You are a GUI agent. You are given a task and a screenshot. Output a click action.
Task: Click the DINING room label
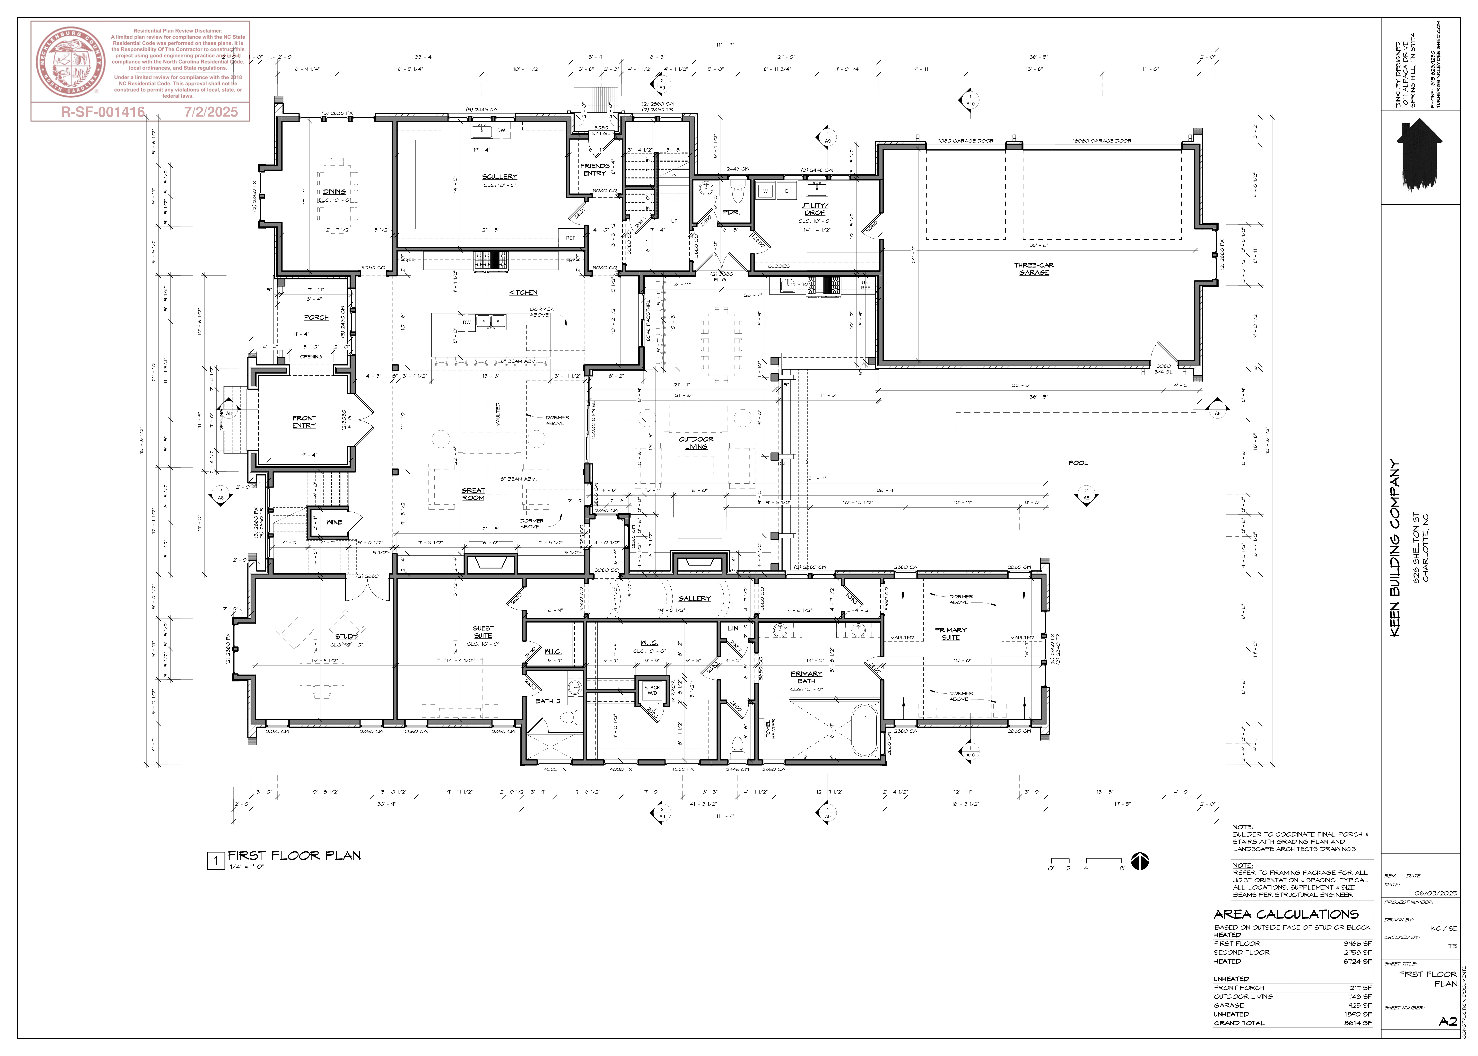click(334, 192)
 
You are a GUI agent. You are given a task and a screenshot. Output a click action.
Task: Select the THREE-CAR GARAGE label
click(1033, 268)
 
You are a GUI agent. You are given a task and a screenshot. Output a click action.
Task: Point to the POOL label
click(1078, 463)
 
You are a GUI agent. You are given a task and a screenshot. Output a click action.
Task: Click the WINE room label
click(333, 522)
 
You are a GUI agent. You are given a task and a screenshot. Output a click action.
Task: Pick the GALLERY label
click(694, 598)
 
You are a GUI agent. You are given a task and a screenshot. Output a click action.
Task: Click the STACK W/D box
click(652, 690)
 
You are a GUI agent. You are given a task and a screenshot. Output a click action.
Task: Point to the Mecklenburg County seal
click(70, 62)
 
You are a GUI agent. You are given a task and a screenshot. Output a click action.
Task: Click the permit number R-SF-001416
click(103, 112)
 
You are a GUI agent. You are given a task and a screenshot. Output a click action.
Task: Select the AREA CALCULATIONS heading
click(1286, 914)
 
